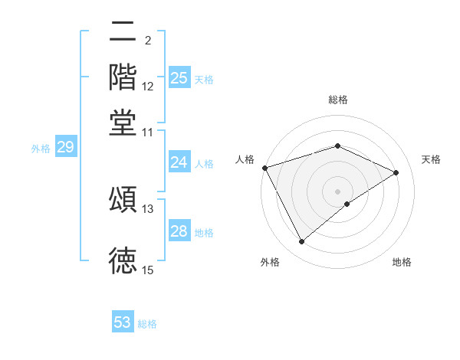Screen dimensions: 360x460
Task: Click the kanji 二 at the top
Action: click(123, 33)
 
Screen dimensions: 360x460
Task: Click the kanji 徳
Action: click(123, 260)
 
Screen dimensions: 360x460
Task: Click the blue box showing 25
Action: click(179, 77)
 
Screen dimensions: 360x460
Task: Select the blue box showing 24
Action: click(179, 162)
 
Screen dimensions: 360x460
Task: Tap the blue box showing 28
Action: click(179, 231)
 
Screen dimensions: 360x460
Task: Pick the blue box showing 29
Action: click(65, 148)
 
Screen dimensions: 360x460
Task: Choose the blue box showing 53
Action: click(123, 322)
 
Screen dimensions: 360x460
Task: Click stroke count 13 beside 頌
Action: click(148, 208)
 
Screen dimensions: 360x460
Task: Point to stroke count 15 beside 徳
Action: click(148, 270)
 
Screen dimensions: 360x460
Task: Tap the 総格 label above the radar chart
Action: click(338, 100)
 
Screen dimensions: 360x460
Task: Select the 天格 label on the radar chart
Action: click(431, 159)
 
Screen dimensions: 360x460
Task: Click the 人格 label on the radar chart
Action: click(245, 159)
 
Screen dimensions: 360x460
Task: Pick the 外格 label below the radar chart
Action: click(270, 262)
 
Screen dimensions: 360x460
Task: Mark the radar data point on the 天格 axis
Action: click(396, 172)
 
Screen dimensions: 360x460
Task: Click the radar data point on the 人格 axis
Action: click(264, 168)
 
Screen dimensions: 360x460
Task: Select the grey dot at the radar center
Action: click(338, 191)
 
